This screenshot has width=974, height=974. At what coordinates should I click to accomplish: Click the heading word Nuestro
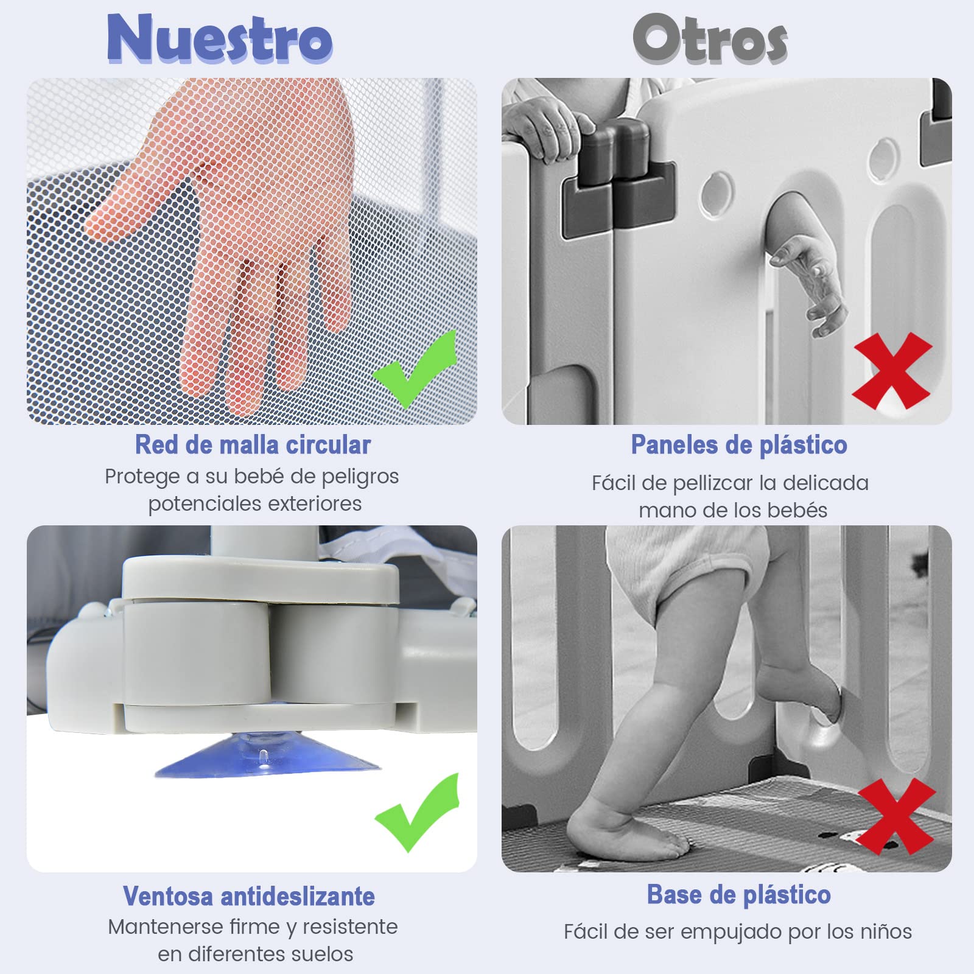219,38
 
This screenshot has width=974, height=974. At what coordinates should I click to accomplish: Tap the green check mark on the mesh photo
415,369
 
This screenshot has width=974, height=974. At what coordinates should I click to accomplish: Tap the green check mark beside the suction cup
417,813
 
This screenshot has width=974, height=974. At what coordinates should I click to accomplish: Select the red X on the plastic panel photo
892,371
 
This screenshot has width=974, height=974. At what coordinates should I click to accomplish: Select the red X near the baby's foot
896,816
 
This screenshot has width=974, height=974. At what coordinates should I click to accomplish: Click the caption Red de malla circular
253,444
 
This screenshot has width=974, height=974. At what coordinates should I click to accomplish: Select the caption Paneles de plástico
739,445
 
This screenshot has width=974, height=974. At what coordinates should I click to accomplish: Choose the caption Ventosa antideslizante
249,896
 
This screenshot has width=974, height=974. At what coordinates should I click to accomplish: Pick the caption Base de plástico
738,895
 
